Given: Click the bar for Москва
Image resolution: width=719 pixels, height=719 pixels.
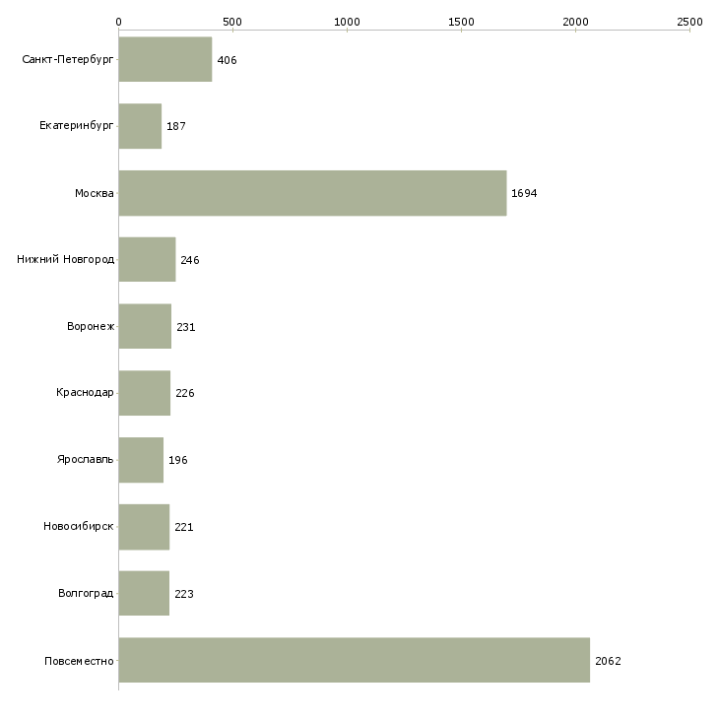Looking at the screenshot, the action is click(313, 193).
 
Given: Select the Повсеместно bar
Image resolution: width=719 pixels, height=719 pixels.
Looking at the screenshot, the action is click(355, 660).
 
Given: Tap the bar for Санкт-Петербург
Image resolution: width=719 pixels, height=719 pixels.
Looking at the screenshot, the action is click(165, 59).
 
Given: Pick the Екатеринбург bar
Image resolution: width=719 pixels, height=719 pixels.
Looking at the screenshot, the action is click(140, 126).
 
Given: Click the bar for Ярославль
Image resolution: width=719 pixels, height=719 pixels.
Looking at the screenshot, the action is click(141, 460).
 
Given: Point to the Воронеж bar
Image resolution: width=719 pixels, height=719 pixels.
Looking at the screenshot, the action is click(146, 326).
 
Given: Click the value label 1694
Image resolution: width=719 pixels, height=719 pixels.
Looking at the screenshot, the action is click(524, 193).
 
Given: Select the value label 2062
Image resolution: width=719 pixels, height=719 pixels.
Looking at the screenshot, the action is click(608, 661).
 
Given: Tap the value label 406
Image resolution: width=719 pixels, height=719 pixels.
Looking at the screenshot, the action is click(227, 60).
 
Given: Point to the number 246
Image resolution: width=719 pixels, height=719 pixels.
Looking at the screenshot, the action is click(190, 260).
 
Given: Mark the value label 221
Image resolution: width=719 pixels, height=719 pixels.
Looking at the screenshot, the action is click(184, 527).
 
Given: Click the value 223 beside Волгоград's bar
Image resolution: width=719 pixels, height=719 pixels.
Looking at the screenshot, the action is click(184, 594).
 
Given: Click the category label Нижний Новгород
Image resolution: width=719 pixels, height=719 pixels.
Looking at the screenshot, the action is click(65, 260).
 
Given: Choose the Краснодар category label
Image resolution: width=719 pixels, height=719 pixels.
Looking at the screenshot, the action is click(85, 393).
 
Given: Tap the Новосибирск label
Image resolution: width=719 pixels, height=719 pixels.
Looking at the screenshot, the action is click(79, 526).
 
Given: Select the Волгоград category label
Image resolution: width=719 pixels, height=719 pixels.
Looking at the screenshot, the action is click(86, 593).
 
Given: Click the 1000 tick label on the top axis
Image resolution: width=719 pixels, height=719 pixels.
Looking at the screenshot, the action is click(347, 22).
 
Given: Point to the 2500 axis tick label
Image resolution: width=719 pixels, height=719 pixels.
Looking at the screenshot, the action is click(689, 22).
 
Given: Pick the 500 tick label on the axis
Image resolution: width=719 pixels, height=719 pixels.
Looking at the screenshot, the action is click(233, 22).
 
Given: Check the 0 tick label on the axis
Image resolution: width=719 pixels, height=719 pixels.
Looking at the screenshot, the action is click(119, 22).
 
